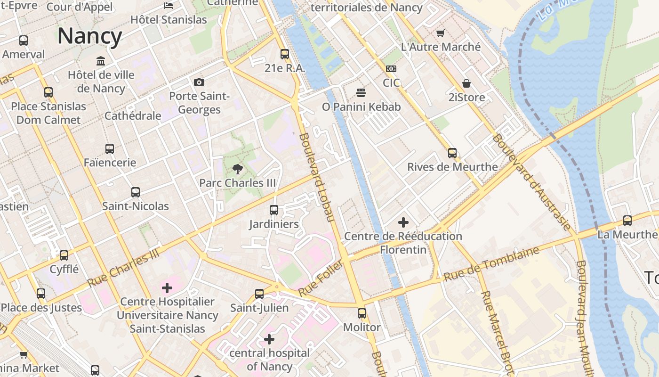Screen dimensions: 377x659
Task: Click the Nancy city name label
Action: (89, 36)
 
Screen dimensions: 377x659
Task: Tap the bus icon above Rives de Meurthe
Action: (452, 153)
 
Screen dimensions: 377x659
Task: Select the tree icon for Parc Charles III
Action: (237, 169)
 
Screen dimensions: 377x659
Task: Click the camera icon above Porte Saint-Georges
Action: (199, 82)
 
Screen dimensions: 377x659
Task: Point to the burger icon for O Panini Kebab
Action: (361, 93)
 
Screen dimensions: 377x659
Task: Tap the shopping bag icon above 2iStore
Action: (466, 84)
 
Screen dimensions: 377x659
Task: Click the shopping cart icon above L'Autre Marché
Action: (440, 33)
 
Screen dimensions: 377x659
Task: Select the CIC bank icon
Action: (391, 69)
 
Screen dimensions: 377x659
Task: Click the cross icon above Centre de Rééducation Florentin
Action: (403, 222)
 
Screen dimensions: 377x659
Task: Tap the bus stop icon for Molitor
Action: (362, 313)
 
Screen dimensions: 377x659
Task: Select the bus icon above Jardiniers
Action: (274, 210)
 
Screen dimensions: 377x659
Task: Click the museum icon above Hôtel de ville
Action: (101, 61)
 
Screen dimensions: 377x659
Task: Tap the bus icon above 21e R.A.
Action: (285, 54)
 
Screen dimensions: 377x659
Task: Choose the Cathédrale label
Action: (133, 116)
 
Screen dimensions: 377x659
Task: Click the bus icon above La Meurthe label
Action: (627, 221)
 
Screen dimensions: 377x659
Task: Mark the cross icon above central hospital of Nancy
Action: (269, 339)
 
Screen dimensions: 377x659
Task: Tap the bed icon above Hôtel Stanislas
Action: (169, 6)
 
